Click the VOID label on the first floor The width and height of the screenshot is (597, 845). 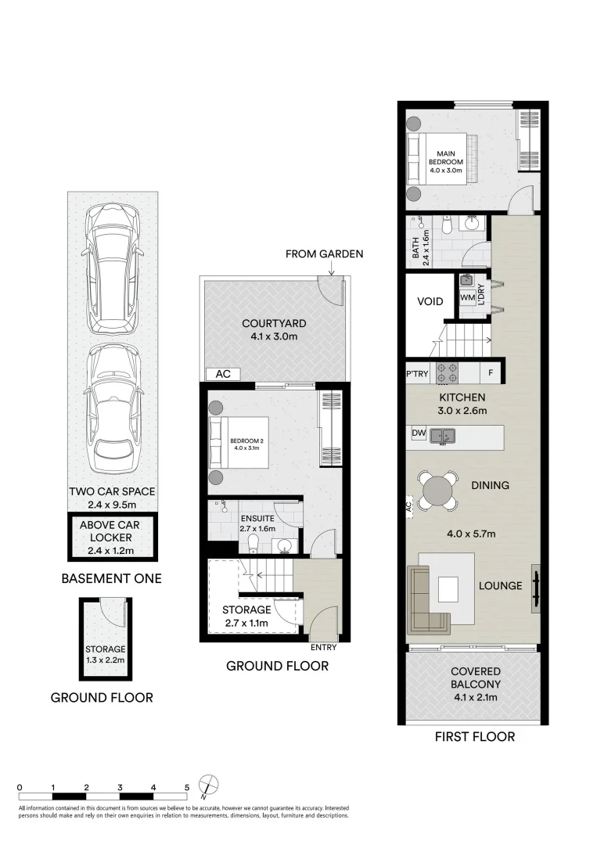tap(430, 301)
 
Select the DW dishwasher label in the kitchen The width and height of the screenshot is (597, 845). tap(418, 433)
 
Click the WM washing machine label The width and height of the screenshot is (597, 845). tap(467, 297)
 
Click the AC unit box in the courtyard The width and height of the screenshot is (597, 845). tap(223, 374)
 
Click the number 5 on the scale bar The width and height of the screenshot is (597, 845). tap(187, 788)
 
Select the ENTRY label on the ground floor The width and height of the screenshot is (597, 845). tap(323, 647)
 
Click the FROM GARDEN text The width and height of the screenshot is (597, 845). tap(324, 253)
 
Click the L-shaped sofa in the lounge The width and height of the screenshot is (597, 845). tap(426, 599)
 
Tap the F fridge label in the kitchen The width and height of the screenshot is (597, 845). tap(491, 372)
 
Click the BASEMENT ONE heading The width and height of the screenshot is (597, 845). tap(112, 579)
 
